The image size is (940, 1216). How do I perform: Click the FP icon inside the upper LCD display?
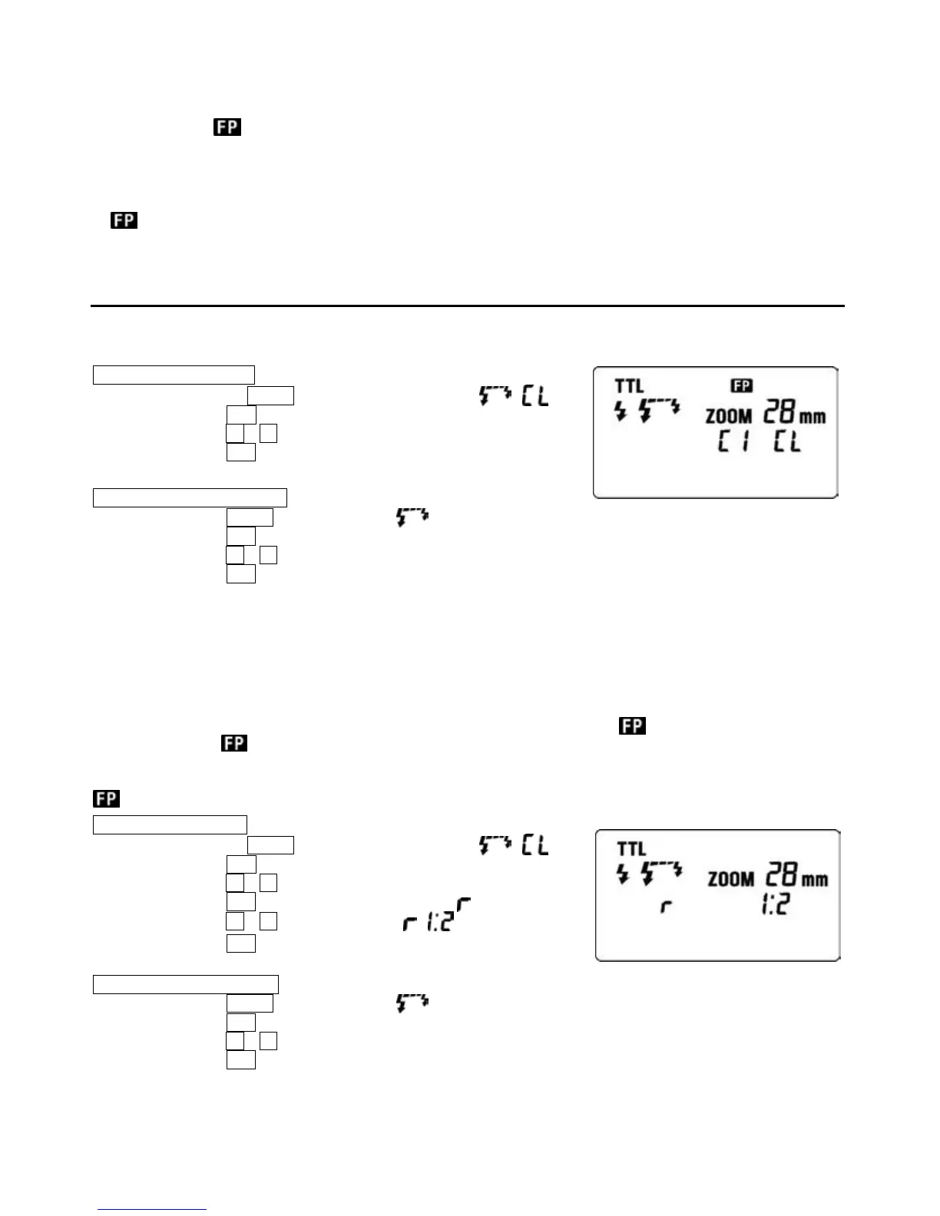click(742, 385)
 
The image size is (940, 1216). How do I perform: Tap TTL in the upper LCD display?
click(630, 386)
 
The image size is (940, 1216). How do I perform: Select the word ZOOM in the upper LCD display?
click(729, 417)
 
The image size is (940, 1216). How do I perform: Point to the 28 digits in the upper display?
click(781, 414)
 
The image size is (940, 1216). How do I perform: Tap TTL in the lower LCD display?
click(631, 849)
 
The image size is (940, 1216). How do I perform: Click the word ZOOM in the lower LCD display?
click(731, 878)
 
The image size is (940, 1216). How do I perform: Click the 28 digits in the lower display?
click(783, 876)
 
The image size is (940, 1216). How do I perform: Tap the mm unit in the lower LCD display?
click(816, 879)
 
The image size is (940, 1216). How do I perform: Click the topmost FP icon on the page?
click(227, 127)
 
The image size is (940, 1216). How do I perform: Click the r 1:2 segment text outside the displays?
click(436, 919)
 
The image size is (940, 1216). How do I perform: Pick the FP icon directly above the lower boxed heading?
click(107, 798)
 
